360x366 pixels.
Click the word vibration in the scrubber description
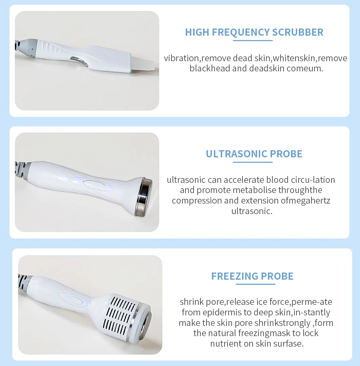point(181,58)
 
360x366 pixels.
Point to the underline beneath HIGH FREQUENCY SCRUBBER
point(253,40)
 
